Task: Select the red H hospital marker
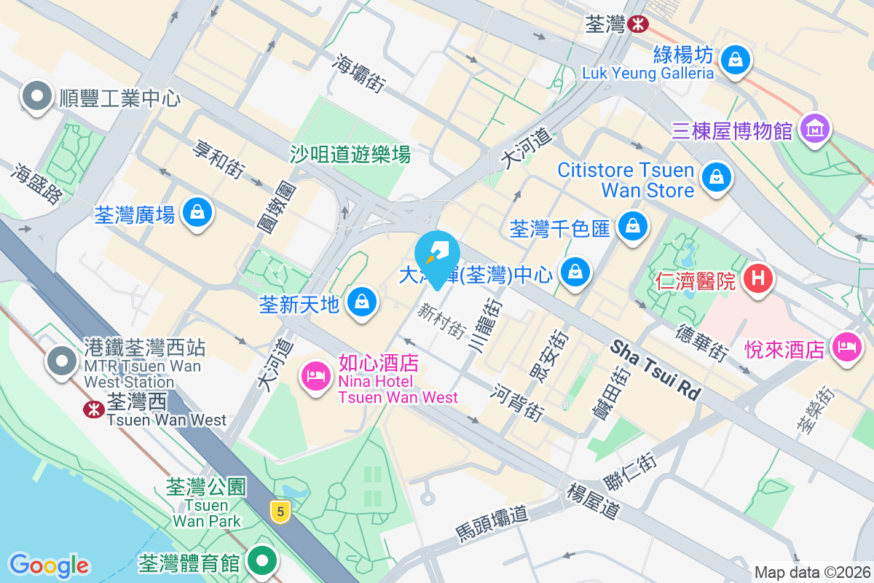click(x=757, y=278)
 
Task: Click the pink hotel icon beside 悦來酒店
click(x=846, y=345)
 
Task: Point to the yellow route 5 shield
click(x=280, y=512)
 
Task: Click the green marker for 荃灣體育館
click(x=262, y=560)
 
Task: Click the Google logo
click(x=49, y=565)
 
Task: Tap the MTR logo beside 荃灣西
click(x=93, y=410)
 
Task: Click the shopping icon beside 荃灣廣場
click(x=197, y=213)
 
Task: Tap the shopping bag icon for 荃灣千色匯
click(x=633, y=226)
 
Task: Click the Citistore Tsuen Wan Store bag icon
click(x=717, y=176)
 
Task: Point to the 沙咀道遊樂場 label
click(x=350, y=154)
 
